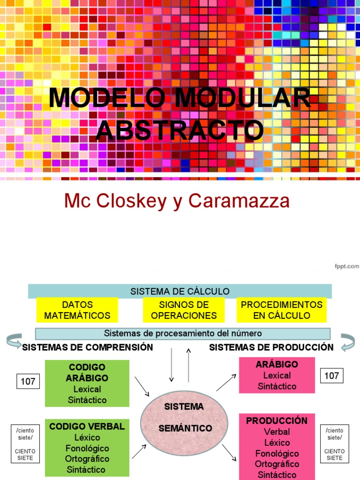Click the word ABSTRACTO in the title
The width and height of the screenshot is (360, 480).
[x=180, y=130]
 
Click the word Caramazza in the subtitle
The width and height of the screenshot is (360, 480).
[x=239, y=201]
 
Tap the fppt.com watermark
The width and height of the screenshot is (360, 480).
[x=346, y=266]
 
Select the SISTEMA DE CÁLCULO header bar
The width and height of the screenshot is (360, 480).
[x=180, y=291]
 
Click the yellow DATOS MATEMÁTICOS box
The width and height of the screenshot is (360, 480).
[x=77, y=310]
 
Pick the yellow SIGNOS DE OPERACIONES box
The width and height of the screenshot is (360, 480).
[x=184, y=310]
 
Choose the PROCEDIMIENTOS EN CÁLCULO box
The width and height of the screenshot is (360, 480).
[x=282, y=310]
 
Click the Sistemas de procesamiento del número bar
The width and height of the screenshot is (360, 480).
[x=183, y=333]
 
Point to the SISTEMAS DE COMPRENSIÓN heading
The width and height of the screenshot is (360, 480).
[x=88, y=347]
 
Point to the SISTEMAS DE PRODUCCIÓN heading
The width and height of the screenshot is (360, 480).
[x=271, y=347]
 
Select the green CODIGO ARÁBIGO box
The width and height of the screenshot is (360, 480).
[x=87, y=383]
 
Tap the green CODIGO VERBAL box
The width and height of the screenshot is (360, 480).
[x=87, y=448]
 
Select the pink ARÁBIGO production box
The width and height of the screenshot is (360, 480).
[x=277, y=375]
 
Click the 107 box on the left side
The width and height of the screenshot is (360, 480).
[x=28, y=382]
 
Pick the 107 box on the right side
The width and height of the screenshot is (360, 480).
[x=332, y=375]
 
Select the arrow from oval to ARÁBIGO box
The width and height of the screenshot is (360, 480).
[x=226, y=382]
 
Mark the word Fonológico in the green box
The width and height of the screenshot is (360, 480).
[x=87, y=448]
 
